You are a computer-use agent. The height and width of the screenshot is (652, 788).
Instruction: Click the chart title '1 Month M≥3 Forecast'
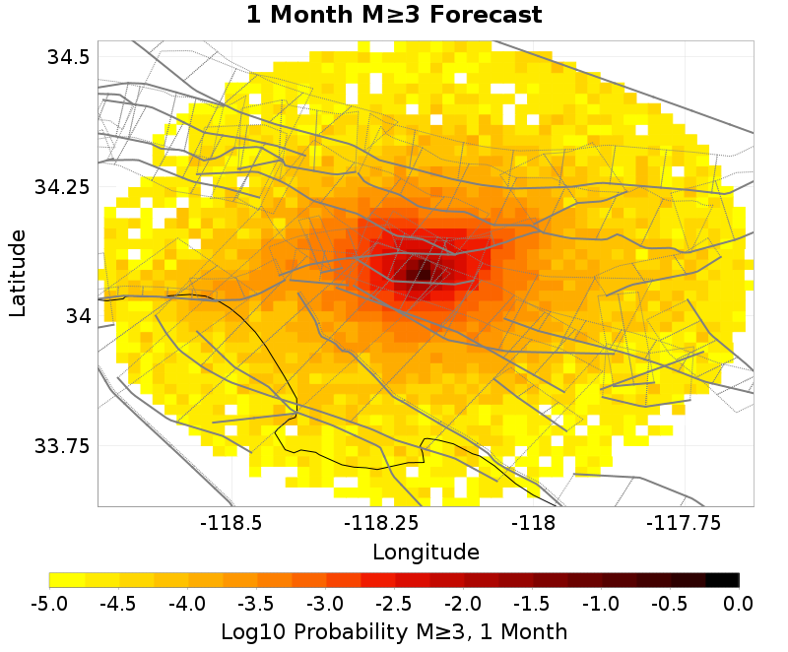coord(393,16)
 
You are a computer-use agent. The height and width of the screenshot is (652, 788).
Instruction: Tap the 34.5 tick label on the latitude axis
coord(68,57)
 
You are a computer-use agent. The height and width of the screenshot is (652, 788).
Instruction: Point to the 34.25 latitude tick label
coord(62,186)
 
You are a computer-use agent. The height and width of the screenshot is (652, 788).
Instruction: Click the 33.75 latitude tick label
coord(62,445)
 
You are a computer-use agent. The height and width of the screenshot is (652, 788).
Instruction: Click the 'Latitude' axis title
coord(18,273)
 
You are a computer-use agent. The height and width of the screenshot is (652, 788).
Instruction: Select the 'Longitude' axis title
coord(426,551)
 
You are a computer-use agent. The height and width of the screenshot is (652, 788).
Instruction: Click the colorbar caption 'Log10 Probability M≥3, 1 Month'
coord(393,630)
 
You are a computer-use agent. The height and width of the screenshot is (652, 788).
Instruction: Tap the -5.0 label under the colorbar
coord(49,603)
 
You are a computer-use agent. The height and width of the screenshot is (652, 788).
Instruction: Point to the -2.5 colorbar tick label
coord(394,603)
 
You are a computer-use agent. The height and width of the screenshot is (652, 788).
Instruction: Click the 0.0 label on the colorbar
coord(739,603)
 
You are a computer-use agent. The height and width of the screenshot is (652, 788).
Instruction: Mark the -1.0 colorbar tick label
coord(601,603)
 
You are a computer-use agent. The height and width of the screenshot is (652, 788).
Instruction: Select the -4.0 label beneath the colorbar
coord(187,603)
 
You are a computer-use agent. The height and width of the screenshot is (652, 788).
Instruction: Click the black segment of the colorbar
coord(722,580)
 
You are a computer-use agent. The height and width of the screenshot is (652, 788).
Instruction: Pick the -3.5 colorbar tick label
coord(256,603)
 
